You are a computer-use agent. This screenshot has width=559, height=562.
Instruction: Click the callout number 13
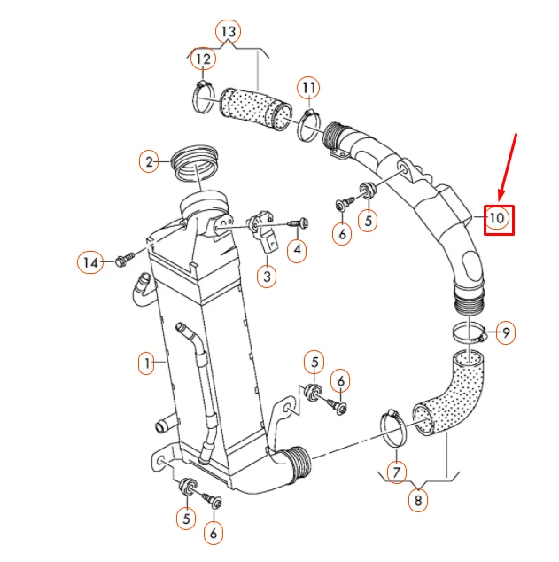pos(228,32)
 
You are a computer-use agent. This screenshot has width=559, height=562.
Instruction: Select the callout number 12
pos(203,59)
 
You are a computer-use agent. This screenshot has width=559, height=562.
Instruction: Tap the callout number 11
pos(308,88)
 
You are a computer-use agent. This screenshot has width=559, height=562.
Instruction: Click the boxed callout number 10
pos(499,220)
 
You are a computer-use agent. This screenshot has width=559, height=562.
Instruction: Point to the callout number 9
pos(506,333)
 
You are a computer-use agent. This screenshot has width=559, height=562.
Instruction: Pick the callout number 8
pos(418,500)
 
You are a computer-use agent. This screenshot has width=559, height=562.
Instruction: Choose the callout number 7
pos(396,472)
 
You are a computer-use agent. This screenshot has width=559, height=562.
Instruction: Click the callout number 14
pos(90,262)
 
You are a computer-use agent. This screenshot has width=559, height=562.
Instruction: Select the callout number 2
pos(149,162)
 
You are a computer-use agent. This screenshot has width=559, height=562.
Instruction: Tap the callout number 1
pos(147,363)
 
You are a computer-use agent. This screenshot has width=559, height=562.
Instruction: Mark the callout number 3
pos(267,277)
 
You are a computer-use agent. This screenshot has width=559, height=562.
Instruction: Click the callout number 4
pos(297,250)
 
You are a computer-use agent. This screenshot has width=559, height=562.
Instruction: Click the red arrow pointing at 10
pos(508,167)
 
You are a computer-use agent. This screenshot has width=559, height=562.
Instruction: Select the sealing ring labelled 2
pos(195,163)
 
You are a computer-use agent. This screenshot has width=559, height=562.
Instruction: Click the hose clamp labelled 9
pos(470,332)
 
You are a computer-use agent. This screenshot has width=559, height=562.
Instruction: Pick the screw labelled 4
pos(299,223)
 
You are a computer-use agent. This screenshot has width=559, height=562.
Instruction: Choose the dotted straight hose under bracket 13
pos(256,108)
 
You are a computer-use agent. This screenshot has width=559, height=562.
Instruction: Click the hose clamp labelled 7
pos(392,429)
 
